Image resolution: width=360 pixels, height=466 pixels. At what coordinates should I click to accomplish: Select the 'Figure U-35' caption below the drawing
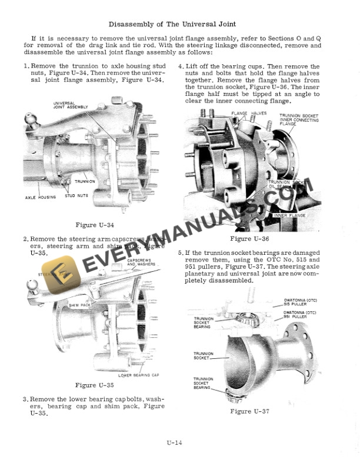pyautogui.click(x=94, y=385)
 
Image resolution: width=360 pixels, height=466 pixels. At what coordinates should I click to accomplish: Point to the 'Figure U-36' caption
pyautogui.click(x=249, y=238)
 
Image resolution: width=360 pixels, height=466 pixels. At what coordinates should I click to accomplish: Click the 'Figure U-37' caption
pyautogui.click(x=249, y=411)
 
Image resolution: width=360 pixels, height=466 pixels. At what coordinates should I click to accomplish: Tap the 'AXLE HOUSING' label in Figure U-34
pyautogui.click(x=41, y=197)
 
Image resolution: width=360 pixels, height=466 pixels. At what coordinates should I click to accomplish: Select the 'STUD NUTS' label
pyautogui.click(x=76, y=195)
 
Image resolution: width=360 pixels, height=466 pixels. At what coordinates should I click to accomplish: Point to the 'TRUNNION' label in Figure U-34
pyautogui.click(x=85, y=181)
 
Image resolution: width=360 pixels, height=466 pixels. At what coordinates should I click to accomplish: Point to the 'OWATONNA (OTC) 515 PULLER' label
pyautogui.click(x=299, y=302)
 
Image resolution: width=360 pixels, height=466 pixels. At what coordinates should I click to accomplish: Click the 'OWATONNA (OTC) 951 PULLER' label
pyautogui.click(x=299, y=314)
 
